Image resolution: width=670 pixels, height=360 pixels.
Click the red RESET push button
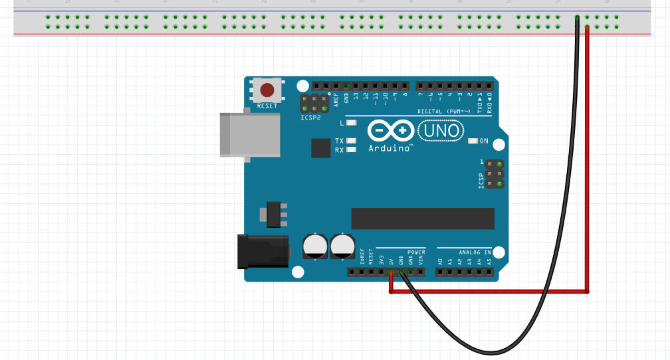(267, 90)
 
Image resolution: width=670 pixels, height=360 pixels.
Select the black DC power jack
(262, 251)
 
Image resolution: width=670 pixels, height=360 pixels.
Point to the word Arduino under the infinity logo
(390, 148)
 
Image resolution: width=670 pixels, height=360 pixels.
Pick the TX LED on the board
(352, 141)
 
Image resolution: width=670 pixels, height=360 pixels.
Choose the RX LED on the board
(352, 149)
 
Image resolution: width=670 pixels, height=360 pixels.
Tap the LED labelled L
(352, 123)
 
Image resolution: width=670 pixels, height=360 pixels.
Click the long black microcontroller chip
(423, 218)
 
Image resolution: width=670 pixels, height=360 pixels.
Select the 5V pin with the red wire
(391, 272)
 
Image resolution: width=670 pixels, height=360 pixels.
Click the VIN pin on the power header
(421, 272)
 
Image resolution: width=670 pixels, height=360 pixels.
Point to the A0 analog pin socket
(440, 272)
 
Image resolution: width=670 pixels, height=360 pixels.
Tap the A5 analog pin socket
(489, 272)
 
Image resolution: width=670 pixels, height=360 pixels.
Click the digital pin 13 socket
(356, 86)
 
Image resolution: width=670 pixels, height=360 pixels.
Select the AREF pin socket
(336, 86)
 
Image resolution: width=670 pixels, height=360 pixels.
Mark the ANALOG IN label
(475, 252)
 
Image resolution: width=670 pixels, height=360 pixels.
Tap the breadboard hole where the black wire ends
(577, 17)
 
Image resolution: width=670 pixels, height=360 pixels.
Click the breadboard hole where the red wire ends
(587, 27)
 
